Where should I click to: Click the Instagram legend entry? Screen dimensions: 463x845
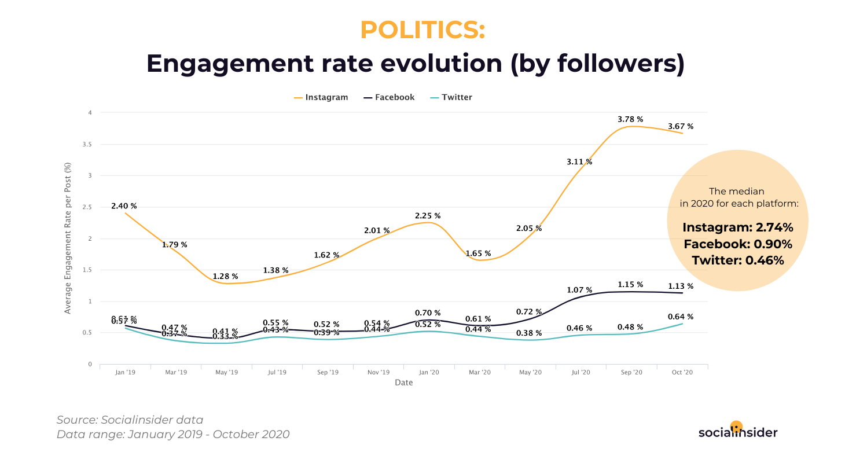click(x=321, y=97)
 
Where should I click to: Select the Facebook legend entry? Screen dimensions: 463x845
click(x=390, y=97)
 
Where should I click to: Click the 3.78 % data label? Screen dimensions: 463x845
click(x=630, y=119)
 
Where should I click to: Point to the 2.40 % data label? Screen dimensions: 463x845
click(x=124, y=206)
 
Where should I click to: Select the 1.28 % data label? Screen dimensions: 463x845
click(x=225, y=276)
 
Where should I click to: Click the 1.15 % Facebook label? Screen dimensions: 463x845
click(x=630, y=285)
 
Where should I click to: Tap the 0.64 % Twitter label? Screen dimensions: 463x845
click(x=681, y=317)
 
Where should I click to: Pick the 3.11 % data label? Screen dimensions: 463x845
click(x=579, y=162)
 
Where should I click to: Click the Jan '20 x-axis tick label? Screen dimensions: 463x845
click(x=428, y=373)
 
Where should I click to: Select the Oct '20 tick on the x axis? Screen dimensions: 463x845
click(x=682, y=373)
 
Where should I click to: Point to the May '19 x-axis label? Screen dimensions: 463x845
click(x=226, y=373)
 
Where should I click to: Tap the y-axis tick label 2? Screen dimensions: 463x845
click(x=90, y=238)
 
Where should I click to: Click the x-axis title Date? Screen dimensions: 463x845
click(x=404, y=383)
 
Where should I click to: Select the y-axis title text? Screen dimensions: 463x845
click(x=68, y=238)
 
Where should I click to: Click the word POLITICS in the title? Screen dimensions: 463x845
click(x=422, y=30)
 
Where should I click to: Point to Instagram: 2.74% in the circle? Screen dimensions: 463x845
click(x=737, y=227)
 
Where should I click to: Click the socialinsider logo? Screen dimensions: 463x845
click(x=738, y=432)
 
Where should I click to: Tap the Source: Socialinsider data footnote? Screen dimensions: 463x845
click(x=130, y=420)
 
